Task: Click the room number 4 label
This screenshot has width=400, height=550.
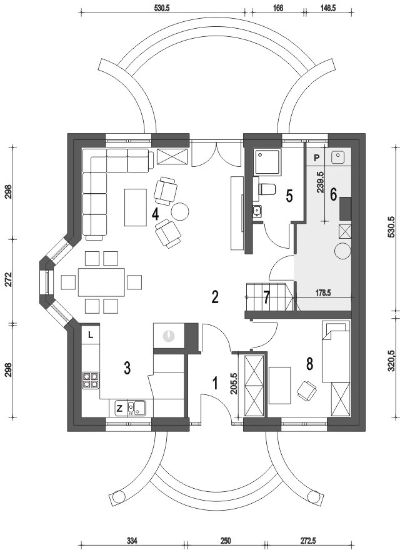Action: (x=156, y=214)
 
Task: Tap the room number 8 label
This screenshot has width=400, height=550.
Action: (x=309, y=364)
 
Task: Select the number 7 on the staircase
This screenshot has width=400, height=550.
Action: (x=267, y=298)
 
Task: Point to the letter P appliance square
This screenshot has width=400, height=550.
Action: (x=317, y=157)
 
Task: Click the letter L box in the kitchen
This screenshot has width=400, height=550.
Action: (x=91, y=335)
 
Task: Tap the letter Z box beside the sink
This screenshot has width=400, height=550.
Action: (x=119, y=408)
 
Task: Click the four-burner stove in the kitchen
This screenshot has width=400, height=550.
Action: (x=91, y=380)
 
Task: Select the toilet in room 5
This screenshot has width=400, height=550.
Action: (x=267, y=189)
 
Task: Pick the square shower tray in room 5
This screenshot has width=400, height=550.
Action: (x=268, y=162)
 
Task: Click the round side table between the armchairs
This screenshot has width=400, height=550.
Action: (x=180, y=211)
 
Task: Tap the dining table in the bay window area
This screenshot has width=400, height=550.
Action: (x=101, y=282)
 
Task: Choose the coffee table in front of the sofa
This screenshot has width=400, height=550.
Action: (x=136, y=207)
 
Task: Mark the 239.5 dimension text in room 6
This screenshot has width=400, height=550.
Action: (x=320, y=182)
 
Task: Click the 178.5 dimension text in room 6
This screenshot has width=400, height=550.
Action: (x=323, y=293)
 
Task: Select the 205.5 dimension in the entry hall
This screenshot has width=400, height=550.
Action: (x=234, y=384)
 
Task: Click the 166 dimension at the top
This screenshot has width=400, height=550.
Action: (x=277, y=7)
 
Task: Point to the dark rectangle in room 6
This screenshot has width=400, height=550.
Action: (x=345, y=209)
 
